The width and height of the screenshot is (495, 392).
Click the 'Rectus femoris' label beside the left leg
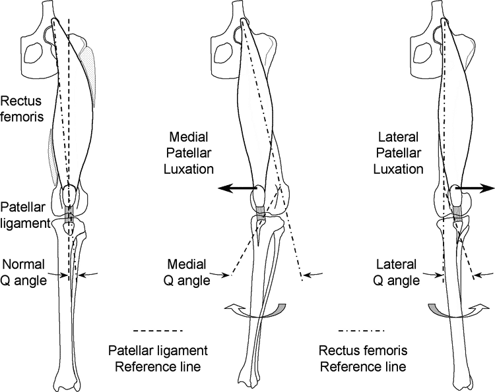[22, 109]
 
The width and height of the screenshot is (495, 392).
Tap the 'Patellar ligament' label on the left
[25, 215]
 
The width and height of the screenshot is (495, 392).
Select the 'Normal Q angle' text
[23, 272]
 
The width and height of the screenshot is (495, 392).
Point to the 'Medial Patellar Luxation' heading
[189, 153]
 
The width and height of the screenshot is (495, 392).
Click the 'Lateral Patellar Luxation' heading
[398, 153]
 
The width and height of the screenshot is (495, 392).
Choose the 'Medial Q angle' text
[187, 272]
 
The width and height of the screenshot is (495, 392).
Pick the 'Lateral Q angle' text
[396, 272]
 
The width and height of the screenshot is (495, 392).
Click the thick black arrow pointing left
[238, 188]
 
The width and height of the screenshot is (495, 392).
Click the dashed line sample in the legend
[158, 331]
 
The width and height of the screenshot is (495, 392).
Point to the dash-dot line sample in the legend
[361, 331]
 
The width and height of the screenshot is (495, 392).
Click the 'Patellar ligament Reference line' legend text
[158, 358]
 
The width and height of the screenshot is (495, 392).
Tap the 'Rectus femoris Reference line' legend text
[363, 358]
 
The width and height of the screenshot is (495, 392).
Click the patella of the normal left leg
[69, 196]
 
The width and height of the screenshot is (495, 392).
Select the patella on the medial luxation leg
[258, 197]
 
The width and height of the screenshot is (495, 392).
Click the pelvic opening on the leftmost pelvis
[34, 53]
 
